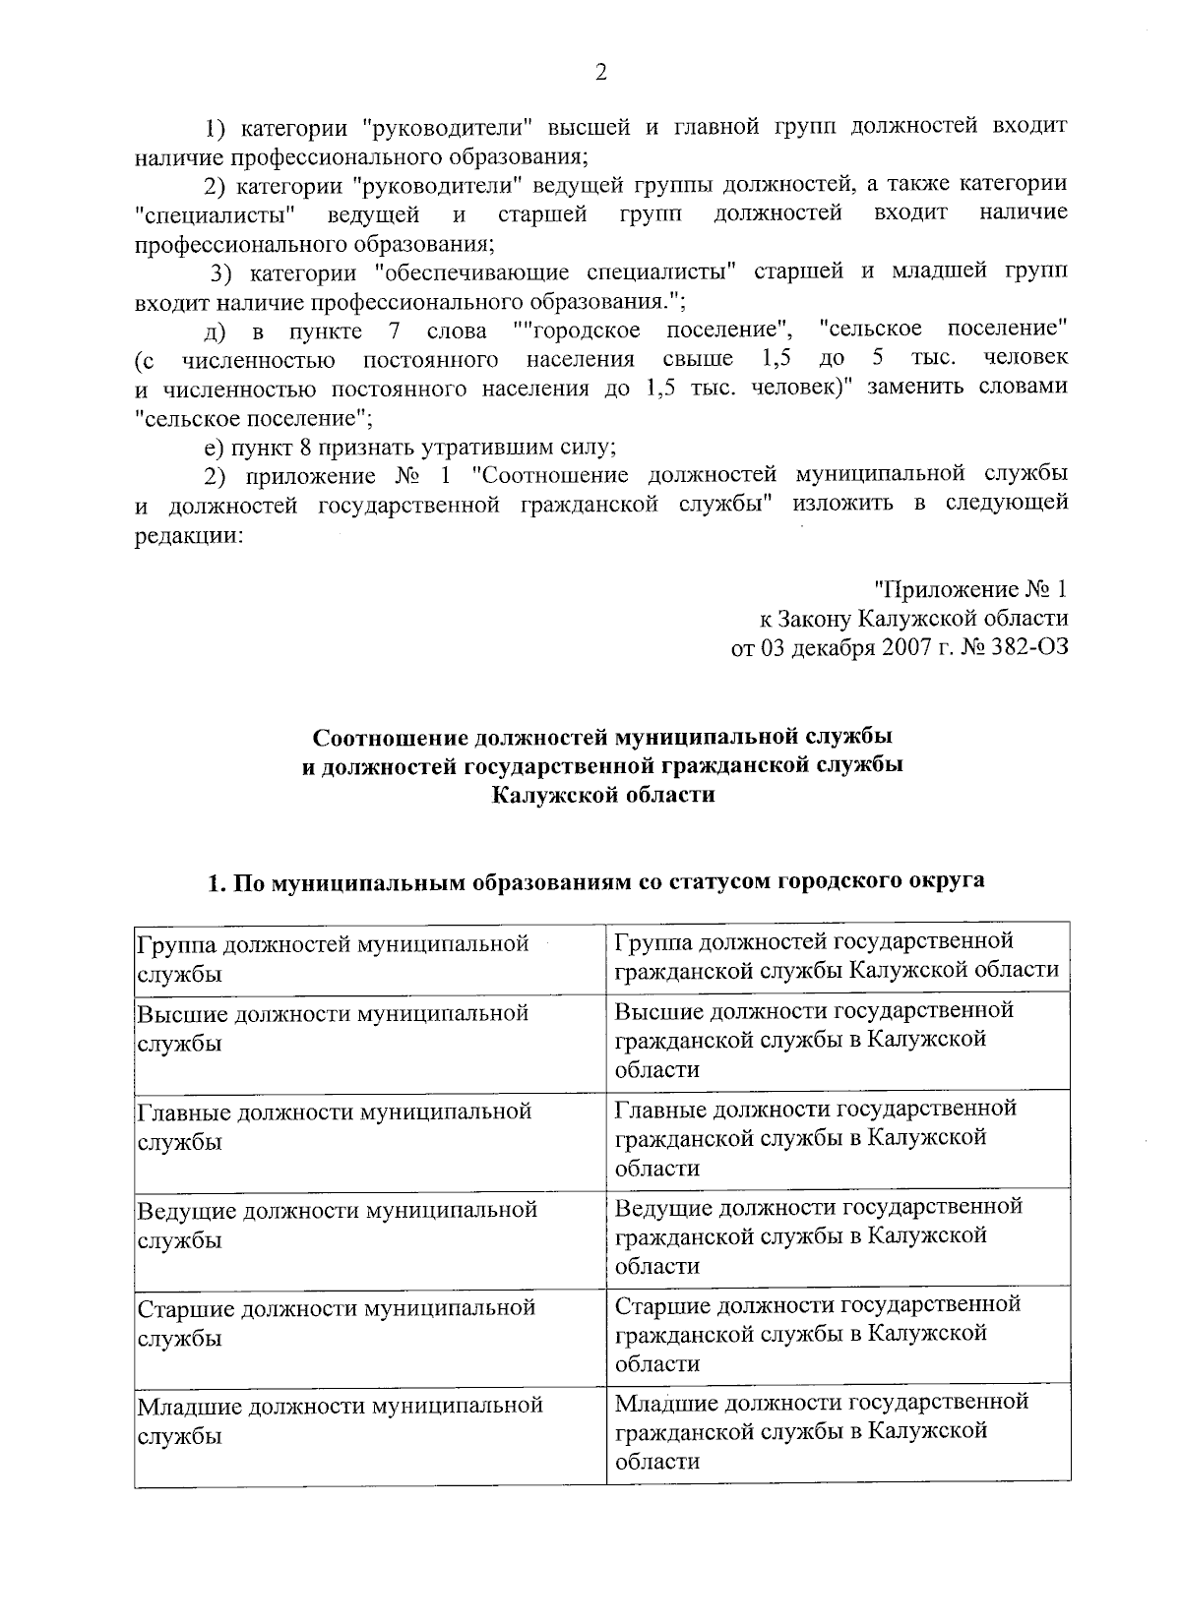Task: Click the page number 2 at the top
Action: tap(600, 73)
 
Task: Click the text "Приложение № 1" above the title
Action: tap(971, 590)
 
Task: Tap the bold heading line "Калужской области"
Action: tap(602, 795)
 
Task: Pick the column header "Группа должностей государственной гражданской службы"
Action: tap(837, 956)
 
